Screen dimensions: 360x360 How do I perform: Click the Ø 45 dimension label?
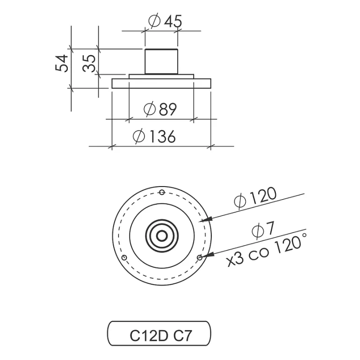(x=165, y=21)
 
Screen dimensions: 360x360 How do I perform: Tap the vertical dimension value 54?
(x=62, y=64)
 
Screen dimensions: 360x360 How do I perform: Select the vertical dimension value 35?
(x=89, y=64)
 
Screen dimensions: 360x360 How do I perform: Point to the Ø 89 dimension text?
(x=160, y=109)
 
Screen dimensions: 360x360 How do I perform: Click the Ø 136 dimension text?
(x=154, y=137)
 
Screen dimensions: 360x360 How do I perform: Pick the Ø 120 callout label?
(x=255, y=198)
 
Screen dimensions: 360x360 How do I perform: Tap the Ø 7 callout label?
(x=263, y=230)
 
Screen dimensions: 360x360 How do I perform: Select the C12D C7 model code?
(x=160, y=336)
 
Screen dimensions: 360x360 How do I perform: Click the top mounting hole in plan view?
(x=162, y=192)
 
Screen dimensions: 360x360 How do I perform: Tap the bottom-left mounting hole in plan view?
(x=124, y=258)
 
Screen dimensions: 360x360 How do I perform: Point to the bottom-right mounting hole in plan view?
(x=200, y=258)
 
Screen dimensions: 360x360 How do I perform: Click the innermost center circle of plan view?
(x=162, y=236)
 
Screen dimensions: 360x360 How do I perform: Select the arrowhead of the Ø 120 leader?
(x=206, y=219)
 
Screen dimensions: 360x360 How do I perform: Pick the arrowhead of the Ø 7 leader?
(x=208, y=255)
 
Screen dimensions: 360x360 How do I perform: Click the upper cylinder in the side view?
(x=161, y=62)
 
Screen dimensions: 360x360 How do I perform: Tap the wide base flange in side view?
(x=161, y=83)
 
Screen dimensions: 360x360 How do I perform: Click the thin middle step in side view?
(x=161, y=77)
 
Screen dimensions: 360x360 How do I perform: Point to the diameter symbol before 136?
(x=139, y=137)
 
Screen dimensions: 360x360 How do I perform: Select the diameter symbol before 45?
(x=154, y=21)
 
